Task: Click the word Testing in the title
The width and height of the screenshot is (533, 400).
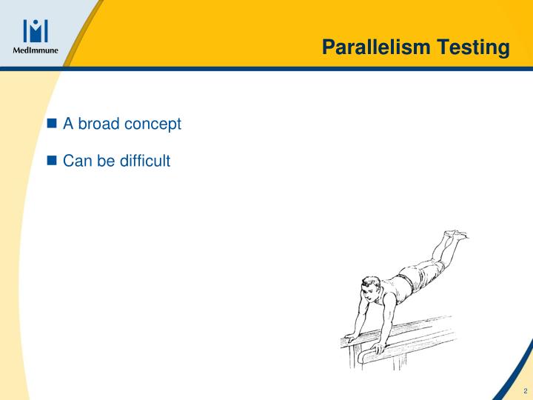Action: click(x=473, y=49)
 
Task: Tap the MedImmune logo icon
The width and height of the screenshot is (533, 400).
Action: click(x=36, y=30)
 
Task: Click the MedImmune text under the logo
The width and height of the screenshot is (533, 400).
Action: click(x=36, y=51)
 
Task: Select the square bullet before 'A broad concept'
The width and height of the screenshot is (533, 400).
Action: click(x=52, y=124)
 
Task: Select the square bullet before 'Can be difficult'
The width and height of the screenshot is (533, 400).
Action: click(x=52, y=159)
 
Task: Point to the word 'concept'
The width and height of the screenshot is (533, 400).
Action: click(x=152, y=124)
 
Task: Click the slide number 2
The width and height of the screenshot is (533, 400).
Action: click(x=524, y=390)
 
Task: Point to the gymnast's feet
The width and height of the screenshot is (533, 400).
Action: click(x=454, y=236)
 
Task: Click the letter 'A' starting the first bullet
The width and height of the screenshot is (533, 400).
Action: click(x=67, y=124)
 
